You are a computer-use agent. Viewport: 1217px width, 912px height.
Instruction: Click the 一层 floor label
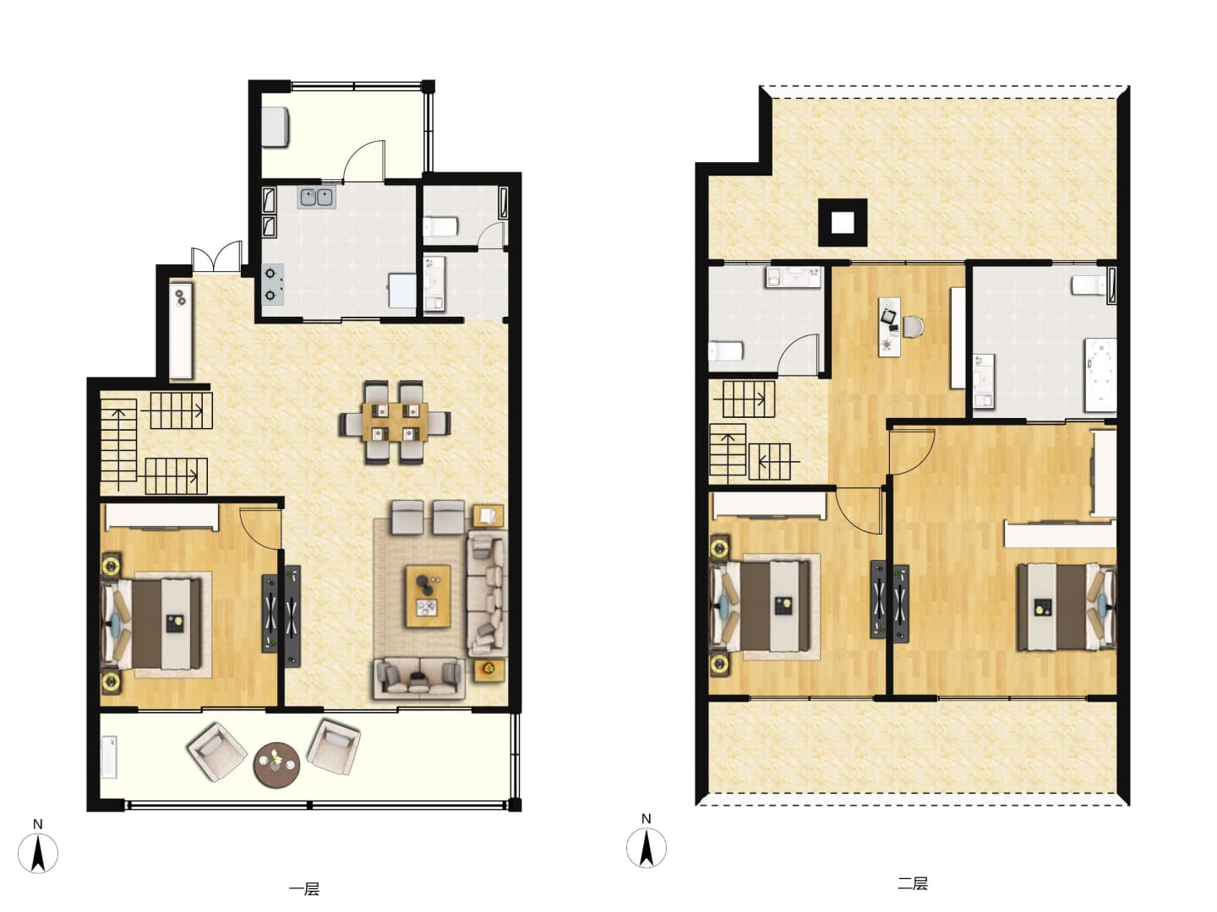304,889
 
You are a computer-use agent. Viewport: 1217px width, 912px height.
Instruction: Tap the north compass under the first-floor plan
38,853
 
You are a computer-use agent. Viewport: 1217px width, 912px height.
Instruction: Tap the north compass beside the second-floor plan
647,847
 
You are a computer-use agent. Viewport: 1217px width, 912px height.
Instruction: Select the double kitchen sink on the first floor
317,198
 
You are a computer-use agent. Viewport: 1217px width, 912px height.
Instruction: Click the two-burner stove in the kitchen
272,284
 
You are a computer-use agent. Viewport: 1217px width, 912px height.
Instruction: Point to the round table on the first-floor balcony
276,765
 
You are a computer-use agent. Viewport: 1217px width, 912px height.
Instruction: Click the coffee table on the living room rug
428,596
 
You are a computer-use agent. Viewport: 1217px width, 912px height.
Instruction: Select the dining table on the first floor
395,422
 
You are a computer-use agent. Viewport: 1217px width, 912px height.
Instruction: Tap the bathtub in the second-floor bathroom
1100,376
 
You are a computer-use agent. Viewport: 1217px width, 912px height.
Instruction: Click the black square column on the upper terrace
843,223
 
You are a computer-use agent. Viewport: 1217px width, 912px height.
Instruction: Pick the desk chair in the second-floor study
913,326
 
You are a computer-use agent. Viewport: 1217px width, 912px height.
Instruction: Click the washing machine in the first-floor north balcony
276,127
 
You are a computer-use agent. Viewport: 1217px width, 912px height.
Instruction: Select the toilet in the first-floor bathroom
441,226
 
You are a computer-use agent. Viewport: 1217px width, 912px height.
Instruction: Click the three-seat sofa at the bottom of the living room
419,678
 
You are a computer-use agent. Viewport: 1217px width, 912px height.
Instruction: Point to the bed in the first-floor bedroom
150,624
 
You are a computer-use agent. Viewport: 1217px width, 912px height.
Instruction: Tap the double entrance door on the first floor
217,257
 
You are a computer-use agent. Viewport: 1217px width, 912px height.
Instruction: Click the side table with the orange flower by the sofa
488,670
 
